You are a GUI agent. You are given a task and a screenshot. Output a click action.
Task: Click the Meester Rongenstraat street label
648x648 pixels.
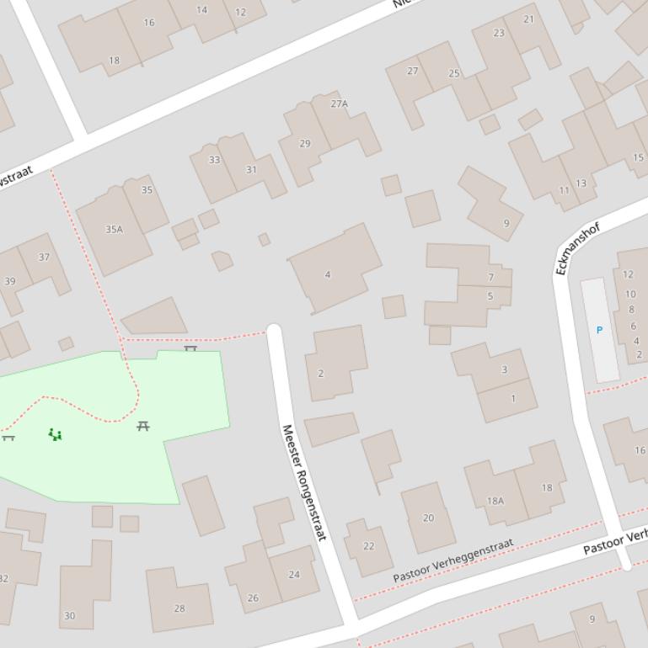click(x=303, y=482)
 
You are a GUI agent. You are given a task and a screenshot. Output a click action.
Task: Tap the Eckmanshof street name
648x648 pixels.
click(x=577, y=249)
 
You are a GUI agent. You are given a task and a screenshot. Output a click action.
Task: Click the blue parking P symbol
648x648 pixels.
click(x=599, y=330)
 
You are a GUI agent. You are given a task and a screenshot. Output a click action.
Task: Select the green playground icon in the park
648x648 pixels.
click(x=55, y=434)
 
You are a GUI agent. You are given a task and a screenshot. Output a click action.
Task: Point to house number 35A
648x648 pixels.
click(x=114, y=229)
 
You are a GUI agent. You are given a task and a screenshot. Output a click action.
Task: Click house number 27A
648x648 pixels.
click(x=339, y=104)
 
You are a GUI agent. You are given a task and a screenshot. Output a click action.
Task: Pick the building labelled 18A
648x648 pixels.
click(x=495, y=501)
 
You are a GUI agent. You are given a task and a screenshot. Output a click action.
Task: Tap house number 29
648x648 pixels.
click(x=305, y=143)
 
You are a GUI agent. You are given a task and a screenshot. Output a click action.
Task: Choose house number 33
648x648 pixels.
click(x=214, y=160)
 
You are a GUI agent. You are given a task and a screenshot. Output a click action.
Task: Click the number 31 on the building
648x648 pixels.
click(x=251, y=169)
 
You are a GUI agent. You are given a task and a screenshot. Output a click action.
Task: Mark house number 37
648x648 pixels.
click(x=44, y=258)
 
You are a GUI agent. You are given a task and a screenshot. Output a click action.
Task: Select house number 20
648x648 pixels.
click(x=428, y=518)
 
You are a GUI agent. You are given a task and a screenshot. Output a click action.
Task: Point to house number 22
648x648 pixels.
click(x=368, y=546)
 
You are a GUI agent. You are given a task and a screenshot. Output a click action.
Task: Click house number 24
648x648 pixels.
click(x=294, y=575)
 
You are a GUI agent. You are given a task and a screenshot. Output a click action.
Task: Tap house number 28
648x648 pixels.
click(x=179, y=608)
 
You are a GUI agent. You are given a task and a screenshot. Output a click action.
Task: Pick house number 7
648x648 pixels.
click(x=490, y=277)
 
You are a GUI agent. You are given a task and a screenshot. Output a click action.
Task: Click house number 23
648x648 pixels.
click(x=499, y=33)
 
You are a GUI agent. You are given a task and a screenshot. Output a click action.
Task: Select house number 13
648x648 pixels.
click(x=581, y=183)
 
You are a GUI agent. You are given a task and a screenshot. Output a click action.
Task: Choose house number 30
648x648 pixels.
click(x=69, y=616)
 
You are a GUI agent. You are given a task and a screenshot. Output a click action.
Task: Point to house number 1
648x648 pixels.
click(x=513, y=398)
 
